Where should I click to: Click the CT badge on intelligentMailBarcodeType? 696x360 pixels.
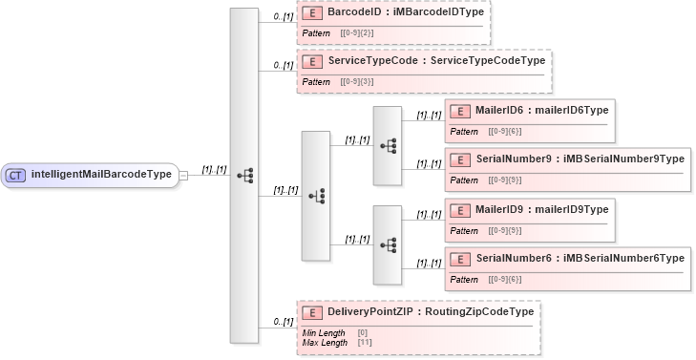point(16,176)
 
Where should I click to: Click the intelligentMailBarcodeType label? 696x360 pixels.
point(101,176)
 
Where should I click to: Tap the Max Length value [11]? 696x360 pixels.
point(365,342)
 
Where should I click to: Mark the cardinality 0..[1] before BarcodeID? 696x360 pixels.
point(283,17)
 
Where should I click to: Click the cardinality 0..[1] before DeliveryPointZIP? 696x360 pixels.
point(283,322)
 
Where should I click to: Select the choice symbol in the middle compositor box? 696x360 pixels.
point(316,196)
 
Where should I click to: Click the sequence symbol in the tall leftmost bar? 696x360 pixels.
point(244,176)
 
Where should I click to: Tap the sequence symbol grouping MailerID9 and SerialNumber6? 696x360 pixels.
point(388,245)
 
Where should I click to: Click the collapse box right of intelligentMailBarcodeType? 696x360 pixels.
point(183,176)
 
